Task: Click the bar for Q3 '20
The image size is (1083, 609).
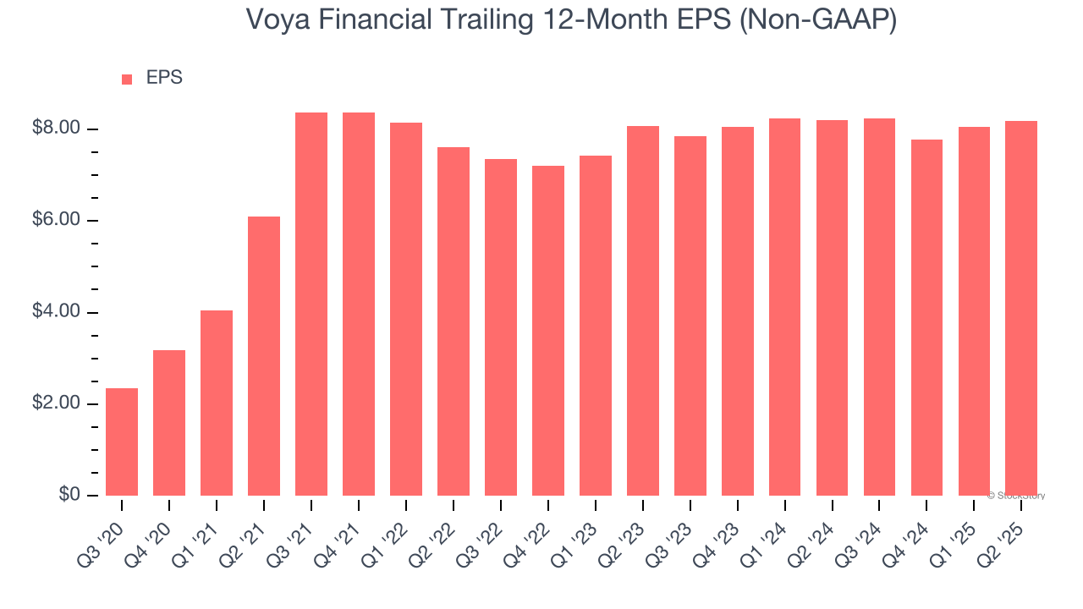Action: [122, 442]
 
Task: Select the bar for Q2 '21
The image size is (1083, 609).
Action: [264, 356]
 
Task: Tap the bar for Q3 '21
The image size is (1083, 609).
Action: [311, 304]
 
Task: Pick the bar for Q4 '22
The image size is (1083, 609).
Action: [548, 331]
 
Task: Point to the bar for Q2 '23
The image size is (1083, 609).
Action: [643, 310]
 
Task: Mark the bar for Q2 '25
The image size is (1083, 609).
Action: [1021, 308]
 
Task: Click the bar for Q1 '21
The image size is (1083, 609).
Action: [217, 403]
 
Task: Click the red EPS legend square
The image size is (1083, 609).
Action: [127, 80]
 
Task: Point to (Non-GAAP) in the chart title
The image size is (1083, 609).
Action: [818, 20]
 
